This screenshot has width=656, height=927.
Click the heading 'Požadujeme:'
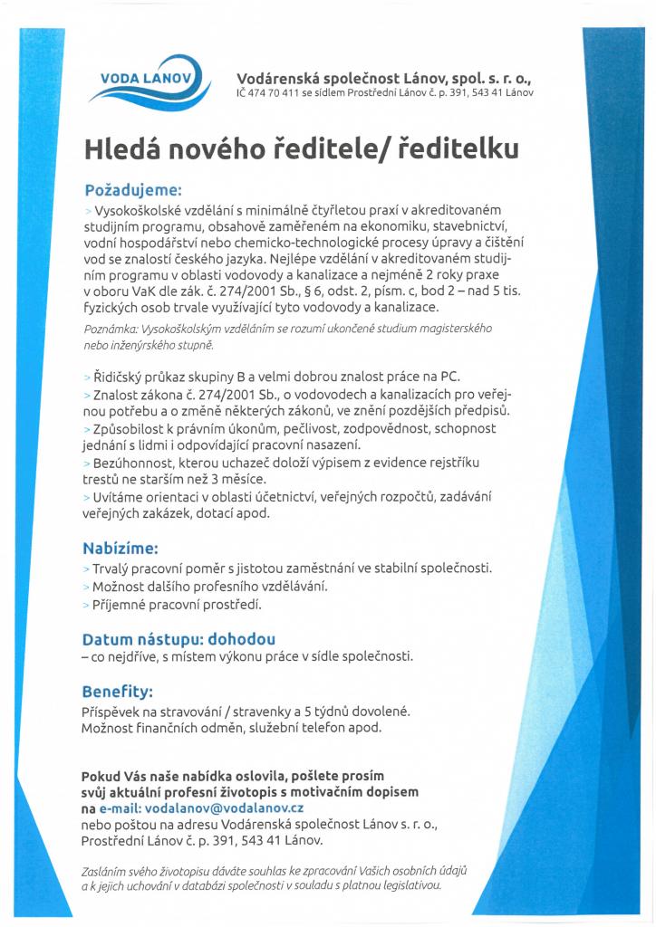point(133,191)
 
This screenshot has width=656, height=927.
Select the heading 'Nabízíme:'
point(121,549)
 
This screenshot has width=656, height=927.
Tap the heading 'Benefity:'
point(118,691)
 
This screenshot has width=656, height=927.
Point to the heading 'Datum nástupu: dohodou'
point(179,638)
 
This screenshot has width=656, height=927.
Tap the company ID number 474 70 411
point(278,92)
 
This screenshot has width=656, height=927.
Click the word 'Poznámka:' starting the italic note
point(111,330)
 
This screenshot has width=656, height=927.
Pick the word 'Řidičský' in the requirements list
point(121,376)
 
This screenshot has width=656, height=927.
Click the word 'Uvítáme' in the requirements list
point(115,497)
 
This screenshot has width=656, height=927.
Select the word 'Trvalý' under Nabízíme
point(111,569)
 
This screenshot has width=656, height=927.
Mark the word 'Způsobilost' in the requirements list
point(129,427)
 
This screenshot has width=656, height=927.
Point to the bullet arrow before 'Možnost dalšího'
point(85,587)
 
